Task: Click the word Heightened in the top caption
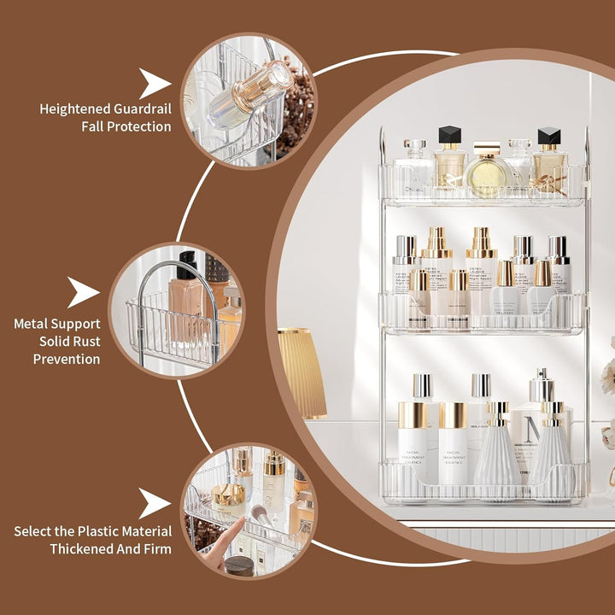pos(73,108)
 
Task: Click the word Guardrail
pos(140,108)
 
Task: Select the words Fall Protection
pos(126,126)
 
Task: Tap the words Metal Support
pos(56,324)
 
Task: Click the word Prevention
pos(67,360)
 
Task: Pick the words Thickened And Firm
pos(110,548)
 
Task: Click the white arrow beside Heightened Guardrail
pos(155,84)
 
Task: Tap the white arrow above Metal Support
pos(83,292)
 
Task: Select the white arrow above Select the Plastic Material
pos(155,503)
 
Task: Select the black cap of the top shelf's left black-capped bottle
pos(449,135)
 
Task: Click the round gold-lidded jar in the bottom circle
pos(229,496)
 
